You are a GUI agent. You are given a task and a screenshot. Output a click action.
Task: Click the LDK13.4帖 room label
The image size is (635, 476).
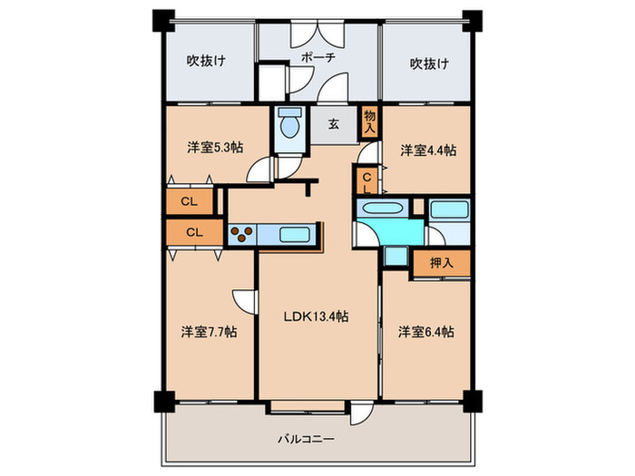[x=316, y=316]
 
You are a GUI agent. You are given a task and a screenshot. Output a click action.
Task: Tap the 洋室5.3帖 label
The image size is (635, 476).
[x=215, y=148]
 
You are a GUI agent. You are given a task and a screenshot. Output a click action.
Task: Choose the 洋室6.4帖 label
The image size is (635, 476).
[x=425, y=332]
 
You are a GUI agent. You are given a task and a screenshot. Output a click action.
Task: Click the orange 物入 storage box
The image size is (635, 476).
[x=369, y=121]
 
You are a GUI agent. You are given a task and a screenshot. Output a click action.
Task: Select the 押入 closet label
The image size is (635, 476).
[x=441, y=264]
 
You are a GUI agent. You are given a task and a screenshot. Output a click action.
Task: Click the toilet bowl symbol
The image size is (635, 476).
[x=290, y=123]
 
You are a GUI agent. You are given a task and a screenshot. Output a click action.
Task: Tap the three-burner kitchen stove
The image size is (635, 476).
[x=242, y=235]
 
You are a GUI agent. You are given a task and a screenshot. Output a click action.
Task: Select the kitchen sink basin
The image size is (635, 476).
[x=295, y=235]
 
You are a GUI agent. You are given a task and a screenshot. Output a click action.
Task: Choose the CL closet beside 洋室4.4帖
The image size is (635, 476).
[x=367, y=181]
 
